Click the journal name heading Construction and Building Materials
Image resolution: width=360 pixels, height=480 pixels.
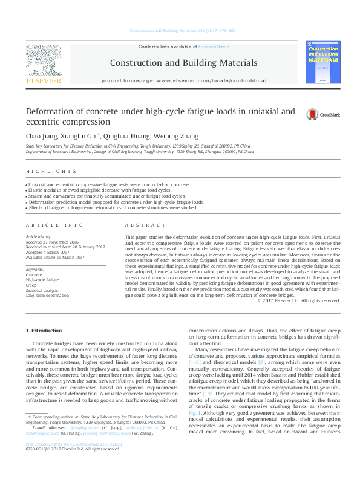click(182, 62)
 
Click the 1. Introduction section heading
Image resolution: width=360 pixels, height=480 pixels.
click(44, 331)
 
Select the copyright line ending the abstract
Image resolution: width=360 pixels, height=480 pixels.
click(299, 300)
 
